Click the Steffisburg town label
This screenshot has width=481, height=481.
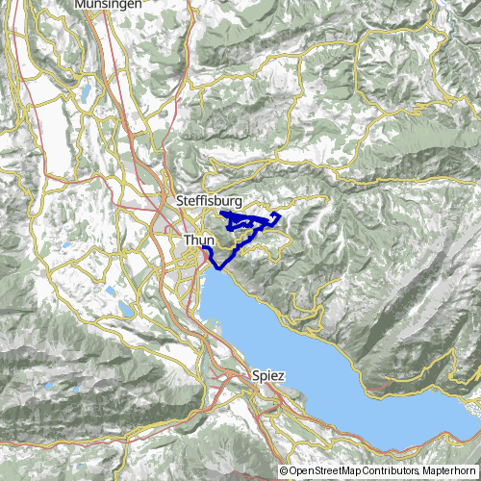(x=209, y=200)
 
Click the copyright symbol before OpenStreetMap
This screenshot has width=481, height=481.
(x=284, y=471)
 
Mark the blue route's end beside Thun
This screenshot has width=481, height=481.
(x=204, y=248)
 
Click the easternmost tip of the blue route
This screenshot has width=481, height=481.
(x=280, y=215)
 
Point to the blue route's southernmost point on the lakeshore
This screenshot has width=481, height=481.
(x=216, y=267)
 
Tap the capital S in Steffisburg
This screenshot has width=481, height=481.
(x=182, y=200)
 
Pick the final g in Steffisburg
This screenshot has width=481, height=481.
(x=236, y=202)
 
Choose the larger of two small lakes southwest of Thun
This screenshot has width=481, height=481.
(x=126, y=309)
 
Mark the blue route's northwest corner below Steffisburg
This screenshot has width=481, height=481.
(x=222, y=213)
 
